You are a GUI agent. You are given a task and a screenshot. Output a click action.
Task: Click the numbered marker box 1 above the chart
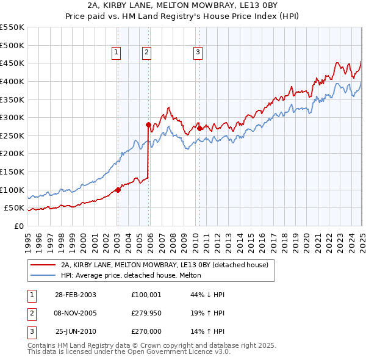pos(116,53)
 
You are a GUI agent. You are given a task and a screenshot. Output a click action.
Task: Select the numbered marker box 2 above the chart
pos(147,53)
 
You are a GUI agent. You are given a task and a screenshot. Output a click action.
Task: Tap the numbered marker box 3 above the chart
pos(198,53)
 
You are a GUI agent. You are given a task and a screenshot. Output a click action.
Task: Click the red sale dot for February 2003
pos(118,190)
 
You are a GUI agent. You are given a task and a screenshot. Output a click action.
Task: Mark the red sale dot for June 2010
pos(199,129)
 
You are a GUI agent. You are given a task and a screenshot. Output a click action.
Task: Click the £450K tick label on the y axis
pos(12,63)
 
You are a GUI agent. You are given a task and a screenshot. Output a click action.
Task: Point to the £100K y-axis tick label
pos(12,190)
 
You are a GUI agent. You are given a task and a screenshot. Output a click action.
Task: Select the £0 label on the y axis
pos(18,226)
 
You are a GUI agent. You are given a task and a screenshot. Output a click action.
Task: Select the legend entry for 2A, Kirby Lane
pos(168,265)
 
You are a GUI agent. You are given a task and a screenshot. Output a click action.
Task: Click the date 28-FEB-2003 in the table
pos(75,295)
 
